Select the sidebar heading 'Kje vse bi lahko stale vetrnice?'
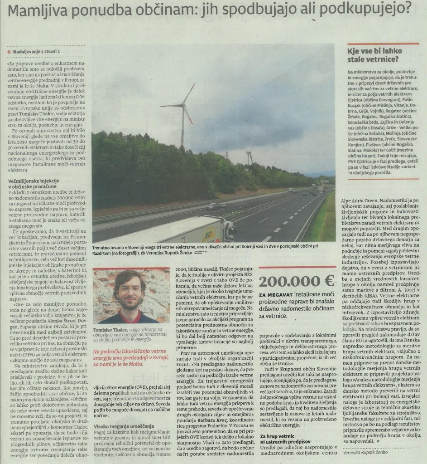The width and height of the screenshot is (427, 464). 373,55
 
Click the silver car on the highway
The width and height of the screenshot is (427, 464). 216,206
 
